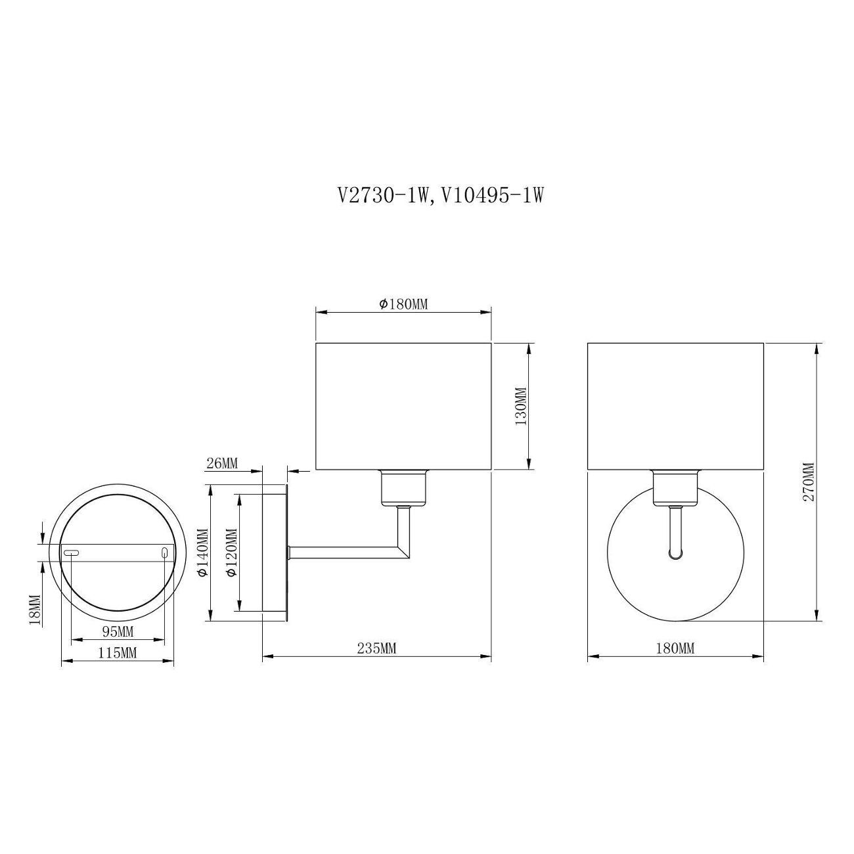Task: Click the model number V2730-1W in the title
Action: click(x=384, y=196)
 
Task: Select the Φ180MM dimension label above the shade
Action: click(x=403, y=304)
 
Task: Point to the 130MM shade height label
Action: click(x=522, y=406)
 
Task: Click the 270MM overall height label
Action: click(x=809, y=482)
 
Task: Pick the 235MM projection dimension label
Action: click(x=376, y=649)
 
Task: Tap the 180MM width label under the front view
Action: click(x=675, y=649)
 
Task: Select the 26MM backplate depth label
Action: click(x=222, y=464)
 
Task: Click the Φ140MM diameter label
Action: click(x=204, y=552)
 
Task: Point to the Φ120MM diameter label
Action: click(x=232, y=552)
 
